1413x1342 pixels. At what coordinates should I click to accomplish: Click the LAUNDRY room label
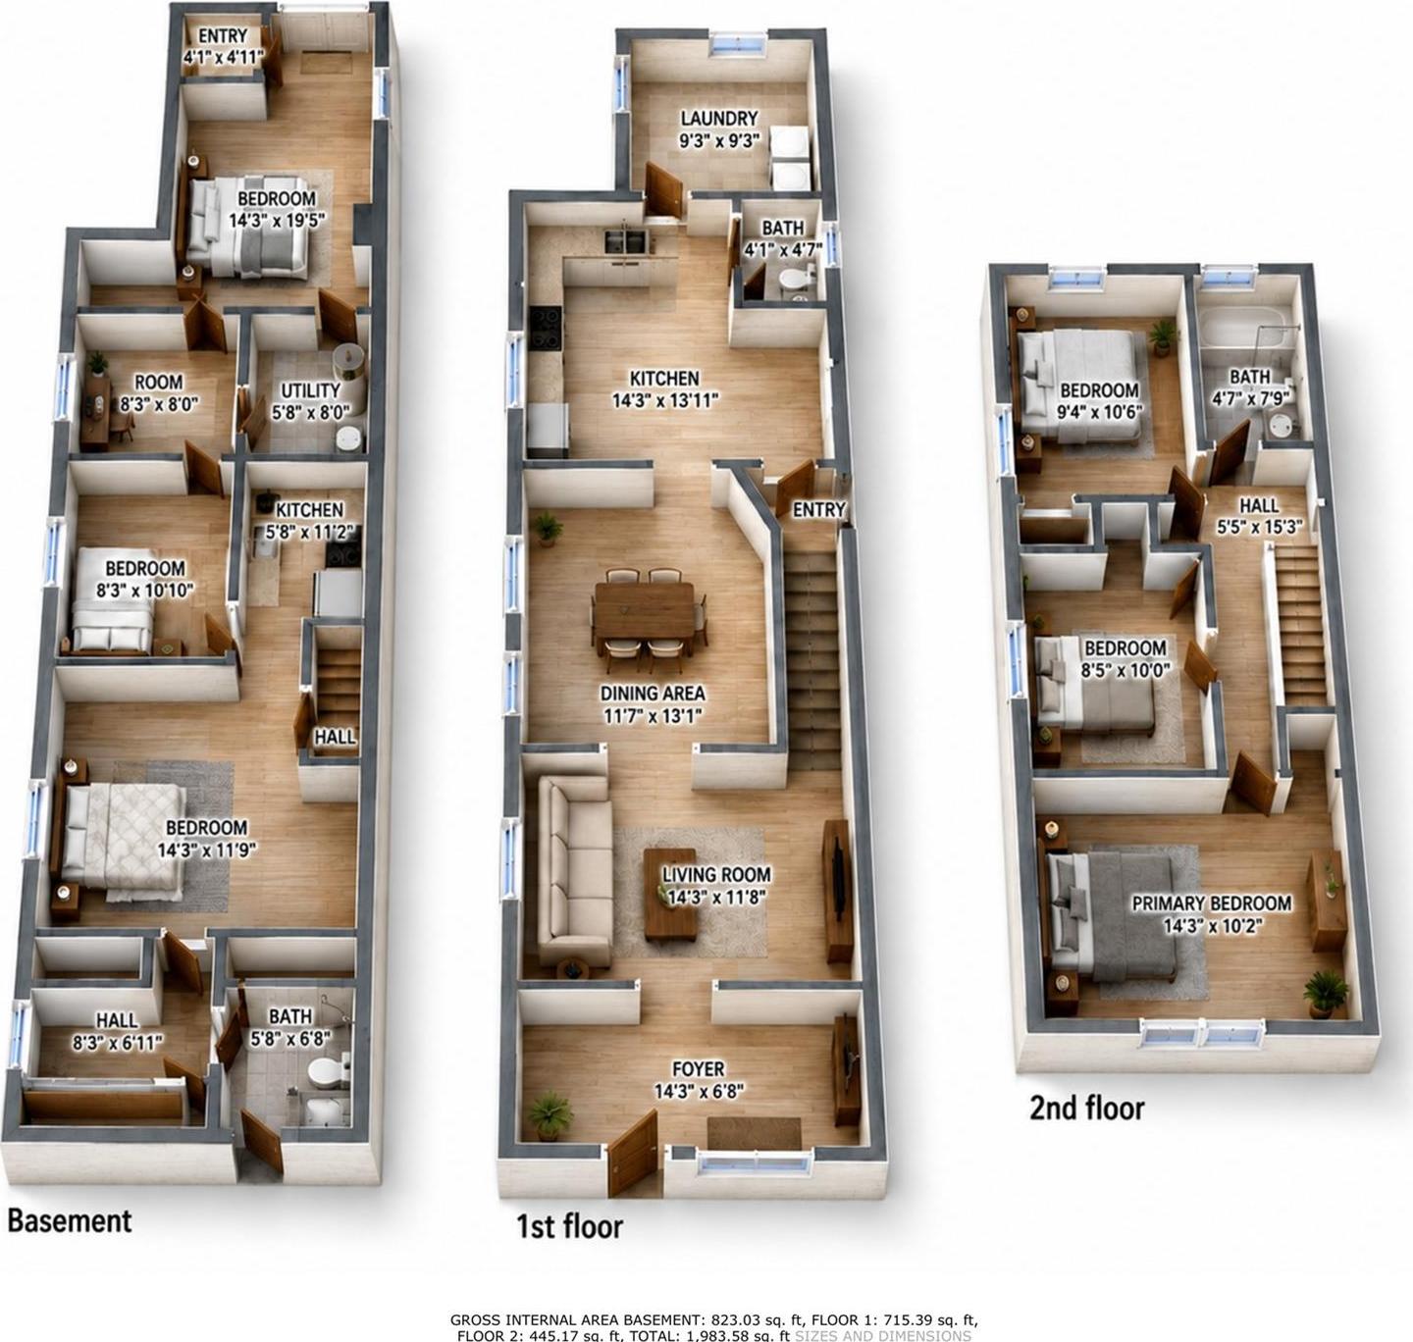pyautogui.click(x=718, y=118)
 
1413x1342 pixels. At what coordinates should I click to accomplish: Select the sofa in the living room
pyautogui.click(x=574, y=871)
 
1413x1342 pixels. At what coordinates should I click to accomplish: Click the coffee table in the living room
pyautogui.click(x=670, y=895)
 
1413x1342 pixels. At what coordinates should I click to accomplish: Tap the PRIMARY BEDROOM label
pyautogui.click(x=1211, y=903)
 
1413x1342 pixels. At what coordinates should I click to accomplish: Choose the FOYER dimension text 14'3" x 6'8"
pyautogui.click(x=698, y=1091)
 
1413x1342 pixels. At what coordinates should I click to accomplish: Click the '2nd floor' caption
pyautogui.click(x=1086, y=1108)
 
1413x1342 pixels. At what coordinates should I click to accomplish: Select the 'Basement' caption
pyautogui.click(x=70, y=1220)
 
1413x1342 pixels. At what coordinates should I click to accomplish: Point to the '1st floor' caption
pyautogui.click(x=570, y=1226)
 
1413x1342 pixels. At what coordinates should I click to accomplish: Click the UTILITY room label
pyautogui.click(x=310, y=390)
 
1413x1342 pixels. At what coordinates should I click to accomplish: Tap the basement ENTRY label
pyautogui.click(x=223, y=35)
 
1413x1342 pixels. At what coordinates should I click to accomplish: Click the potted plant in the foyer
pyautogui.click(x=550, y=1114)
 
